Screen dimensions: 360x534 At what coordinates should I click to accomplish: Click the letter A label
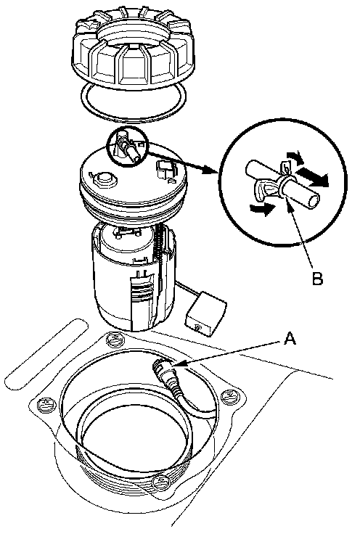[x=289, y=339]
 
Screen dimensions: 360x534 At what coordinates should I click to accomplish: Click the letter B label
[x=317, y=279]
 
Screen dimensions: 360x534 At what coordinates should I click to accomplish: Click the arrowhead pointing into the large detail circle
[x=210, y=170]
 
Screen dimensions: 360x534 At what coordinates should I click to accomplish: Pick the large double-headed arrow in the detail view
[x=311, y=176]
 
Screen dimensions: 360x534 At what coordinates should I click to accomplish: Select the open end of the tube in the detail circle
[x=314, y=200]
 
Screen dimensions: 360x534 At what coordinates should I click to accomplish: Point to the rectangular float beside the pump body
[x=205, y=313]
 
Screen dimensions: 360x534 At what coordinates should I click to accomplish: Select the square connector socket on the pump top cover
[x=166, y=168]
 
